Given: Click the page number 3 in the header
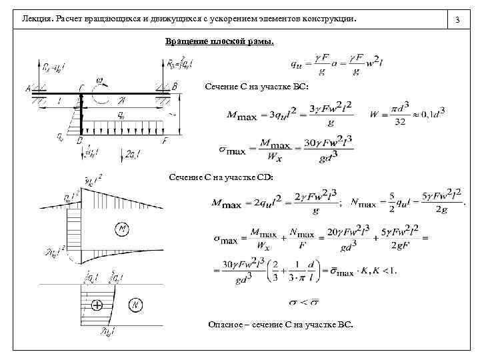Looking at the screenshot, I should point(458,21).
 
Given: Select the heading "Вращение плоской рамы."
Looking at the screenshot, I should point(219,42).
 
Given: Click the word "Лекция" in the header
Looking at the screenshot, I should point(37,21).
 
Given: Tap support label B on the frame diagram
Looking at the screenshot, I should point(175,87).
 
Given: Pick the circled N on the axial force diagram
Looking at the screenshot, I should point(137,305).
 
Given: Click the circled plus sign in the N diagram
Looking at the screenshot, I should point(97,306).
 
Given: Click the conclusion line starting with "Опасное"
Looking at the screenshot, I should point(281,325).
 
